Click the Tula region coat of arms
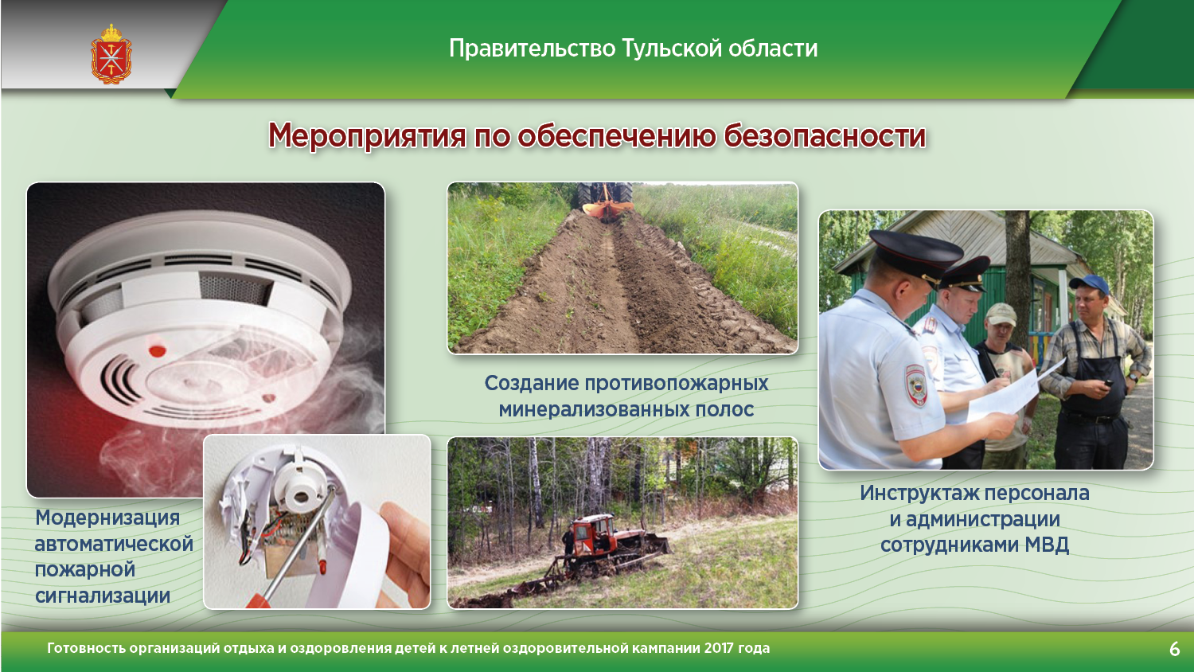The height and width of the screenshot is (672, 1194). click(x=111, y=54)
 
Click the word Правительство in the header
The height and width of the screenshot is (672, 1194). click(x=532, y=49)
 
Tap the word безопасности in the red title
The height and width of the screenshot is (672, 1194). click(x=825, y=136)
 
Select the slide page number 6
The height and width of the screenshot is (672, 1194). click(x=1174, y=649)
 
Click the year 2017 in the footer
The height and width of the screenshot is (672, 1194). click(x=719, y=648)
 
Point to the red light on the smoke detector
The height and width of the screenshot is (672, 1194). click(x=158, y=350)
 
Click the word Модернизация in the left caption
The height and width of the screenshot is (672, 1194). click(x=107, y=518)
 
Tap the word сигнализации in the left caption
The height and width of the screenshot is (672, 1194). click(x=103, y=596)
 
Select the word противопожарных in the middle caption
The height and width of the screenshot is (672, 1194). click(x=677, y=384)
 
